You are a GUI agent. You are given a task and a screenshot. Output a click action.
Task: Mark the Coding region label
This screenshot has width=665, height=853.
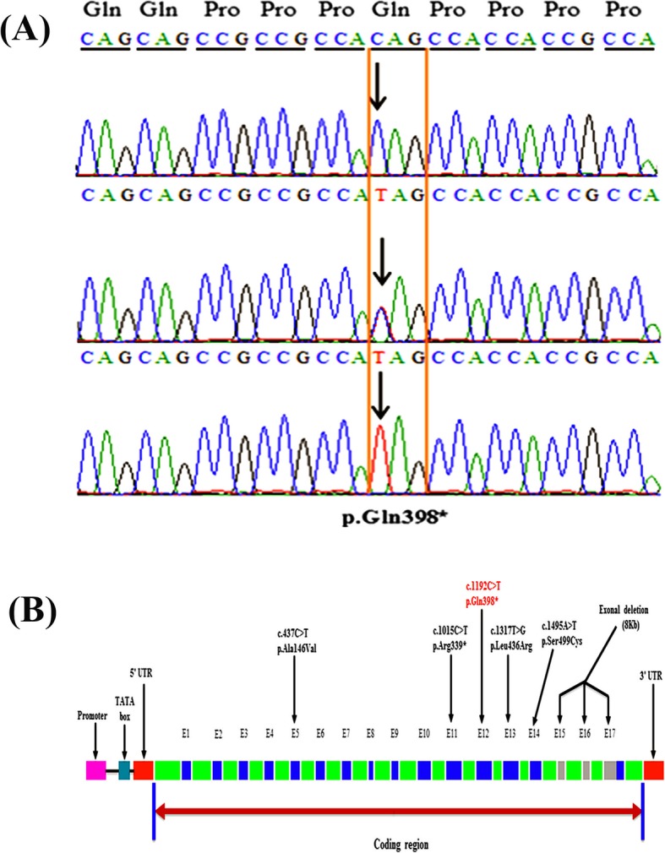[397, 843]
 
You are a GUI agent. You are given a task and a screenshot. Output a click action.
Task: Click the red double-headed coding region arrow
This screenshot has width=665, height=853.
[397, 811]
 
